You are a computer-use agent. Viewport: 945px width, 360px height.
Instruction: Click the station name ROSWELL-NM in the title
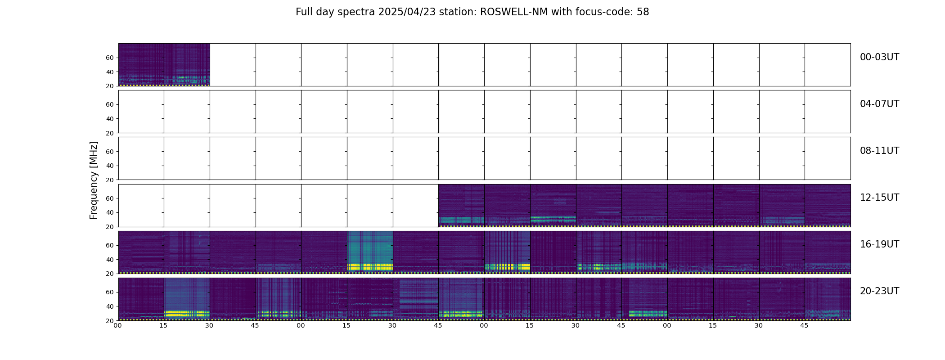click(x=514, y=12)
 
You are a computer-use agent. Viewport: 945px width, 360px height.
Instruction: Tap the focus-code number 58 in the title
click(x=643, y=12)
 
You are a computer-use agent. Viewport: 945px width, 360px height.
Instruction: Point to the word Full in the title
click(x=304, y=12)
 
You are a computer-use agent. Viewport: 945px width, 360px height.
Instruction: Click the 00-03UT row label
click(x=879, y=57)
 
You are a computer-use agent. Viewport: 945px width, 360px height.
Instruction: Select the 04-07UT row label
click(x=879, y=104)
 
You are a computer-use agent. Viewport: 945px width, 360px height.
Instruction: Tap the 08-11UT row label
click(x=879, y=151)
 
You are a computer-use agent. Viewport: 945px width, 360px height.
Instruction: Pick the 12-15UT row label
click(x=879, y=198)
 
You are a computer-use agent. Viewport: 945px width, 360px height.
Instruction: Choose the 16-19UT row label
click(x=879, y=244)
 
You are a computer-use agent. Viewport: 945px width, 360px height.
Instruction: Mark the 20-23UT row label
click(x=879, y=291)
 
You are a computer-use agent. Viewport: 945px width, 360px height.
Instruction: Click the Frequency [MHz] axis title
click(x=94, y=180)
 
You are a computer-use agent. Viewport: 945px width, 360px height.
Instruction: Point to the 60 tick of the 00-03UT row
click(x=109, y=58)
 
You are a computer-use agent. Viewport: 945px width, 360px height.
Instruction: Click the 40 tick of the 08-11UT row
click(x=109, y=166)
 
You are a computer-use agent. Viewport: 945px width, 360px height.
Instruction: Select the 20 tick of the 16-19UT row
click(x=109, y=274)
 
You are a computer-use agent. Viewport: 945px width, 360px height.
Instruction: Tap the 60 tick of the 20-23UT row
click(x=109, y=292)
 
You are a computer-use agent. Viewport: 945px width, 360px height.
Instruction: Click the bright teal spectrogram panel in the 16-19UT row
click(x=370, y=247)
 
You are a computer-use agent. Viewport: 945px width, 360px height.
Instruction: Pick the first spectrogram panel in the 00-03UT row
click(x=141, y=64)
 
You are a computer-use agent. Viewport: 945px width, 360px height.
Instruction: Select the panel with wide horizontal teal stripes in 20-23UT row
click(x=416, y=297)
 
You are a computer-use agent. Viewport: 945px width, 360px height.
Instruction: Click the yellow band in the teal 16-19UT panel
click(x=370, y=267)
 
